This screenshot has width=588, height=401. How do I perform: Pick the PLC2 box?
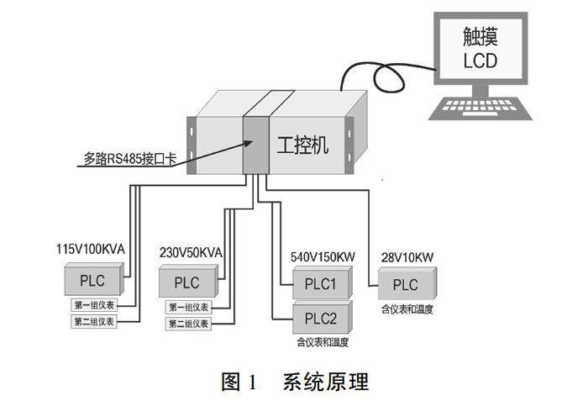point(320,318)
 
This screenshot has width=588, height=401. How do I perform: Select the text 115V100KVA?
point(90,250)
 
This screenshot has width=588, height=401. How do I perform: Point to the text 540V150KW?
point(323,254)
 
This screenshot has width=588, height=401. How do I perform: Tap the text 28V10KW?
point(407,255)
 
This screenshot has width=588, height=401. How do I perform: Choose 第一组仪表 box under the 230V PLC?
point(189,308)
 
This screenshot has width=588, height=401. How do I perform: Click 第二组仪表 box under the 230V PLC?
point(189,324)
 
